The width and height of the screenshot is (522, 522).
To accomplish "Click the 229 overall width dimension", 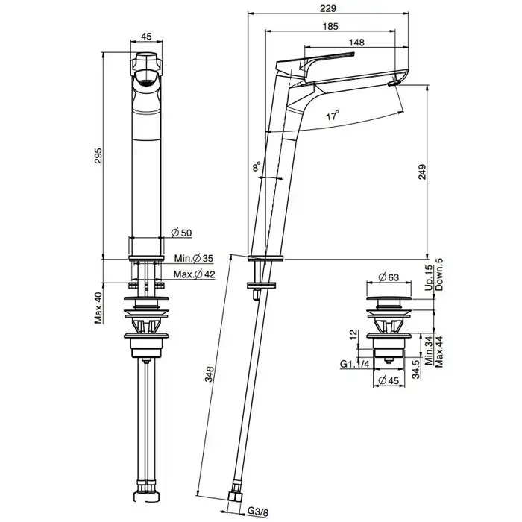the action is (x=328, y=8).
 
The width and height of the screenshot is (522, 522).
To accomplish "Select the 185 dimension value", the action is (x=330, y=26).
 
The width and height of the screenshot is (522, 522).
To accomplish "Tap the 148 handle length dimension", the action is (x=356, y=43).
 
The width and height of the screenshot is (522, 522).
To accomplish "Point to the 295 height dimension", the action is (x=98, y=155).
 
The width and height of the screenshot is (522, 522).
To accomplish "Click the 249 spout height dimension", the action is (x=422, y=172).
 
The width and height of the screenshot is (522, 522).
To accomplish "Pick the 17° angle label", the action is (x=333, y=116).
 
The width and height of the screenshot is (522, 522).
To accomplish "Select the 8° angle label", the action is (x=256, y=166).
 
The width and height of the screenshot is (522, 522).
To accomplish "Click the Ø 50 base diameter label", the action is (x=181, y=233).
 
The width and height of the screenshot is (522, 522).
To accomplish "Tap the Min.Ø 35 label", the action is (x=194, y=258).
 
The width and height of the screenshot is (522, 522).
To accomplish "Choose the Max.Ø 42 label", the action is (x=194, y=274).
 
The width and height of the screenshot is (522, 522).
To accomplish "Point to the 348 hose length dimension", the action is (x=210, y=374).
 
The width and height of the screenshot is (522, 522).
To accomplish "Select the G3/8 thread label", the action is (x=258, y=512).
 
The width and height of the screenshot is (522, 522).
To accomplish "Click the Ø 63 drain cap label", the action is (x=389, y=277).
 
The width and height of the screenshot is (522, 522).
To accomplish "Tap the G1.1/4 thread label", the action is (x=354, y=364).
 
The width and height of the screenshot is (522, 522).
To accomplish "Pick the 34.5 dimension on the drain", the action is (x=415, y=369).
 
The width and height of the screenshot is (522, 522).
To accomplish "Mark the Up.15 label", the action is (x=429, y=277).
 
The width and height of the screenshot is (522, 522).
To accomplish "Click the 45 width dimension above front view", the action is (x=146, y=37).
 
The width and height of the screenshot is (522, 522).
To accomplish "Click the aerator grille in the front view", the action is (x=146, y=83).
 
